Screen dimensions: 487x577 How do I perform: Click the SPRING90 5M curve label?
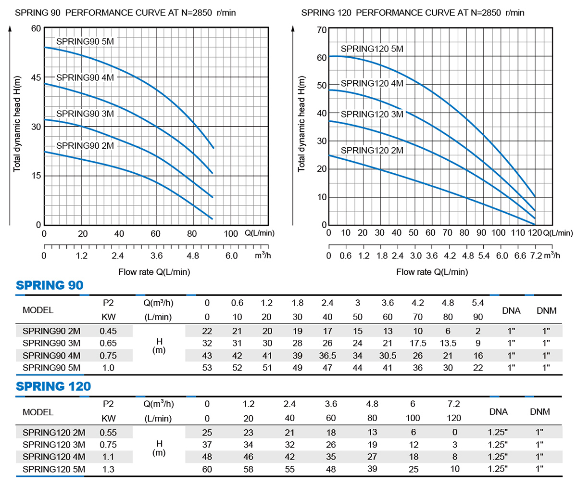(85, 41)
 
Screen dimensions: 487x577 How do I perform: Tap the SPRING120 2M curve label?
(372, 151)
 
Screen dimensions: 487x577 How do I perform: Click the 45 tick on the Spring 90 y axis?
(36, 77)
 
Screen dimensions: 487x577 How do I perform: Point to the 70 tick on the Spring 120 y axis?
(322, 30)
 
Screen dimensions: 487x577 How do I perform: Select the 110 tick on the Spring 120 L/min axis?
(518, 233)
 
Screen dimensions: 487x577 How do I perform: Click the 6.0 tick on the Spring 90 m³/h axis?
(231, 256)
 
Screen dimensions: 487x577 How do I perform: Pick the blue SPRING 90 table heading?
(50, 285)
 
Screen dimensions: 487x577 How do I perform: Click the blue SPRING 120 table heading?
(53, 386)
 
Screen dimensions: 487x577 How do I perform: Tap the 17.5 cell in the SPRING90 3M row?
(418, 343)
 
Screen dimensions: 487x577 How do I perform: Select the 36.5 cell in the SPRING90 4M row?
(327, 356)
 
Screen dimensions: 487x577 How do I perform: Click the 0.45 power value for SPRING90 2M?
(108, 331)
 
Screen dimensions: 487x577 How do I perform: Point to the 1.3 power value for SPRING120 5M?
(108, 469)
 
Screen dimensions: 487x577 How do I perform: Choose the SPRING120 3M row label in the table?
(53, 445)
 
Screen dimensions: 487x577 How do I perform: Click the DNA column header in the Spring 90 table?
(511, 310)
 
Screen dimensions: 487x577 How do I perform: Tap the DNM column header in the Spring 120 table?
(539, 411)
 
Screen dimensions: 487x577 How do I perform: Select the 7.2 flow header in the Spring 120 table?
(454, 404)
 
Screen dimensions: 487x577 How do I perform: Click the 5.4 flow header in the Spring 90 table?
(478, 303)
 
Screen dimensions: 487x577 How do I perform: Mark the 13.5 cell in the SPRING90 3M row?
(448, 343)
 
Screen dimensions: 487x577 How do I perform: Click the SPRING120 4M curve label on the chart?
(372, 83)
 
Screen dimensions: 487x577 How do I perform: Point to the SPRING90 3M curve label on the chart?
(85, 114)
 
